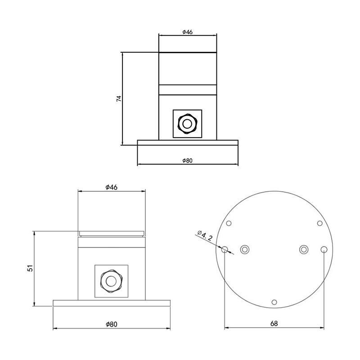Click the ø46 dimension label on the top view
point(187,32)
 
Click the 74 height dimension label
point(118,99)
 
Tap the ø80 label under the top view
point(187,161)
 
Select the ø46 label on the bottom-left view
point(111,187)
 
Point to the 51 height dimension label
point(30,268)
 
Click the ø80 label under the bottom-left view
point(112,324)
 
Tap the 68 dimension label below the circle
point(274,324)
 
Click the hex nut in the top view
point(187,124)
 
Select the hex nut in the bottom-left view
point(111,281)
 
